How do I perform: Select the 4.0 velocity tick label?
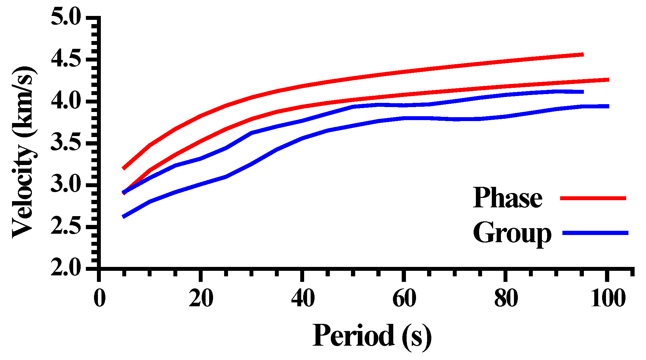click(x=66, y=101)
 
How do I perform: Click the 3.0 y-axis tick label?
click(x=66, y=185)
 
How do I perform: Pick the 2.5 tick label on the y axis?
click(x=66, y=227)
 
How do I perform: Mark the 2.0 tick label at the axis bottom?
click(x=66, y=268)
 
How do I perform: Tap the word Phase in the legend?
click(x=507, y=198)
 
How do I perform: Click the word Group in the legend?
click(x=512, y=233)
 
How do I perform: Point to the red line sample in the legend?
click(x=593, y=198)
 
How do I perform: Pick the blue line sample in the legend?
click(x=595, y=233)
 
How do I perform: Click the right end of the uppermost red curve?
click(x=582, y=55)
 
